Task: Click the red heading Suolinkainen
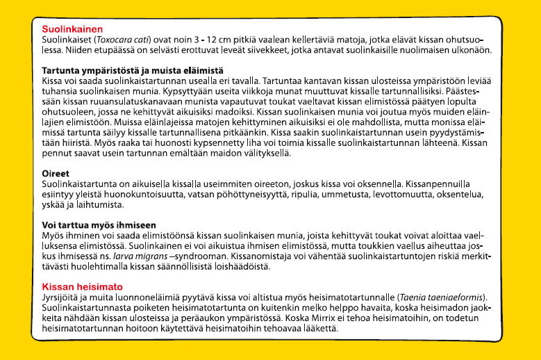coord(72,29)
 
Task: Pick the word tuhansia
coord(60,92)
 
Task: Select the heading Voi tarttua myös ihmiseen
coord(99,226)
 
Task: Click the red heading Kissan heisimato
coord(82,286)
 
